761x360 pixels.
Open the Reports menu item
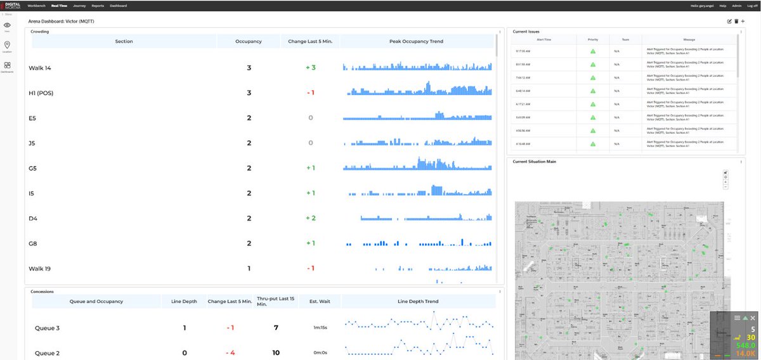click(98, 6)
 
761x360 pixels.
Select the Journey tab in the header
click(79, 6)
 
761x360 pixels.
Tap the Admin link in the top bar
click(736, 6)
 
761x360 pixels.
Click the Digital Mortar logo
click(12, 6)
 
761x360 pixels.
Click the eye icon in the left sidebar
click(7, 25)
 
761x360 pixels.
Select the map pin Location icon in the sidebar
click(7, 45)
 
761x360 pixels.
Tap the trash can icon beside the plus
click(736, 22)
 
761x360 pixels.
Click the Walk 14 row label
click(39, 68)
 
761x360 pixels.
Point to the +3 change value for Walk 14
click(310, 67)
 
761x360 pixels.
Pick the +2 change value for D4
click(310, 218)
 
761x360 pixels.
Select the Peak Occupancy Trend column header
click(416, 41)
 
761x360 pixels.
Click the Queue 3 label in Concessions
click(47, 328)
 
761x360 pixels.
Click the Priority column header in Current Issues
click(593, 39)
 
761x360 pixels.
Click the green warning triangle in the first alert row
click(593, 51)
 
